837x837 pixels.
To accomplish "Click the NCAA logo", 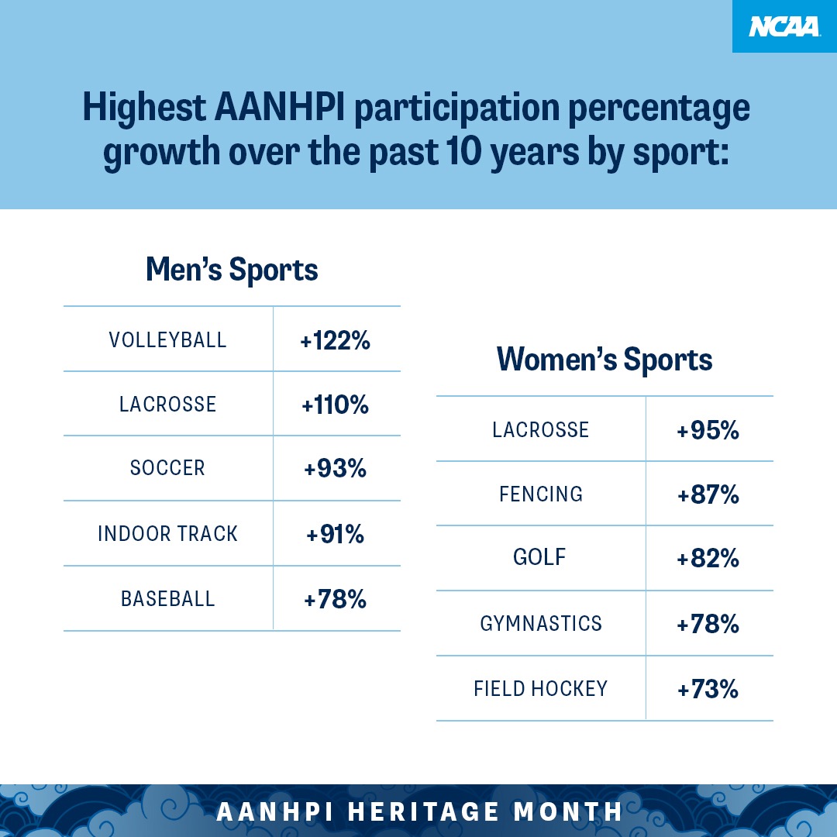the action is point(784,26).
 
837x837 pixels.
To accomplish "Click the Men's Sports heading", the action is point(232,270).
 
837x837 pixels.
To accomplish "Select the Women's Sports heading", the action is point(604,360).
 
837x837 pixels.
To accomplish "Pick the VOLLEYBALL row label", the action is point(167,340).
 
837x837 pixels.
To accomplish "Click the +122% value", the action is point(336,340).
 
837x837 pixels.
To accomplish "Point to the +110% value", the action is point(336,405).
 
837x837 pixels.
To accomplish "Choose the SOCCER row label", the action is point(167,468).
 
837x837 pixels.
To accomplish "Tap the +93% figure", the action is point(336,469).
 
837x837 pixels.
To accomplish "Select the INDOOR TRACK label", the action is point(167,534).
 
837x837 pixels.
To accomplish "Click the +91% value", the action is point(336,534).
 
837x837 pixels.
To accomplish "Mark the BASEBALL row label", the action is point(167,599).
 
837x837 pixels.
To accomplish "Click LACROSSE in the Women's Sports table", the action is point(541,429).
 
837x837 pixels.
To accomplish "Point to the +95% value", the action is point(708,430).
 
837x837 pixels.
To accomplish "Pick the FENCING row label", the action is point(541,494).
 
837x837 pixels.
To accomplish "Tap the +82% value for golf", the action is point(708,558).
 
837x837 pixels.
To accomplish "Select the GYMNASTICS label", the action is point(541,623).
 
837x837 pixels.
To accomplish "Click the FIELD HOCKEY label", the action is point(541,689).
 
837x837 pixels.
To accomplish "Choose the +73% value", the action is point(708,689).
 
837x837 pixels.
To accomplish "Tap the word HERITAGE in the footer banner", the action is point(423,811).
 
